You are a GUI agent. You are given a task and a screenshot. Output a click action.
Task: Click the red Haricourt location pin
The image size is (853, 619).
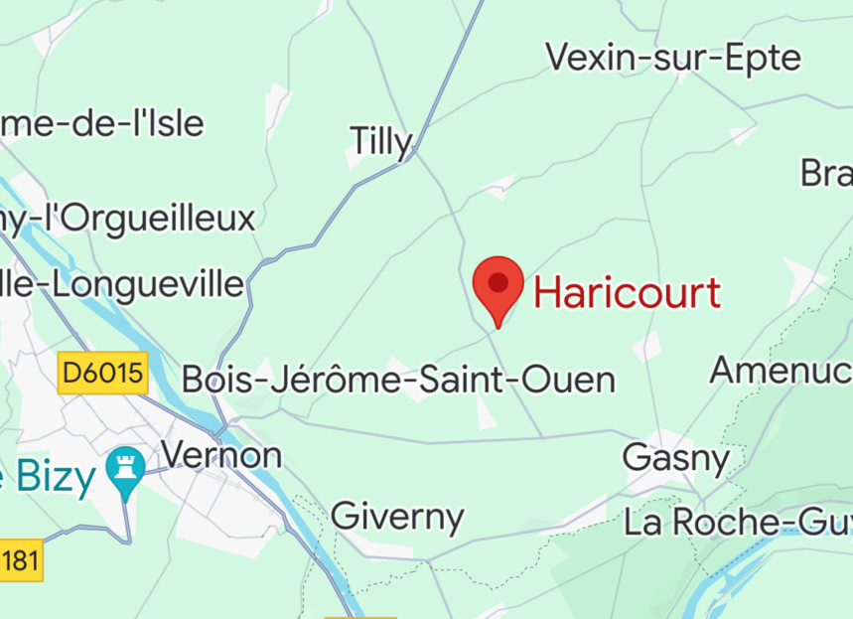[498, 283]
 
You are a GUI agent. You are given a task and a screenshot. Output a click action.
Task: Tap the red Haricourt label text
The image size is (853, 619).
[627, 293]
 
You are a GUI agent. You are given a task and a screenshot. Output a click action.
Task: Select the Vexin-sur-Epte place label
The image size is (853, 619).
[673, 57]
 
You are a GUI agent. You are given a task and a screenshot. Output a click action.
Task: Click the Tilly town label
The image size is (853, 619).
[379, 142]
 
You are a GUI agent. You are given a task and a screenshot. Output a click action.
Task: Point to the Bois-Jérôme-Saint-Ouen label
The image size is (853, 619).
[398, 380]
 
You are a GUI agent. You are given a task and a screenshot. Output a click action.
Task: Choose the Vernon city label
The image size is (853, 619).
[221, 455]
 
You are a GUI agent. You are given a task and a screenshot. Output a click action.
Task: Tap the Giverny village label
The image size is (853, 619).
[397, 517]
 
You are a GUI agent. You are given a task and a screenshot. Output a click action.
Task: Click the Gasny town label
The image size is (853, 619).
[675, 458]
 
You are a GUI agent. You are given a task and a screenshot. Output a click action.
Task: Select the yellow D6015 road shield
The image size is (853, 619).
[103, 374]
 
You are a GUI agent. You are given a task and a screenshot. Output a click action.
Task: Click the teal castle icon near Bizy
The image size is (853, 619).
[125, 469]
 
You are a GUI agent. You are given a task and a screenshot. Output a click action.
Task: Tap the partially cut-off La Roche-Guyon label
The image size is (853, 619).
[737, 522]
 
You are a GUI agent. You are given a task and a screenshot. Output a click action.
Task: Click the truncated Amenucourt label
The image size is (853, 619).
[780, 370]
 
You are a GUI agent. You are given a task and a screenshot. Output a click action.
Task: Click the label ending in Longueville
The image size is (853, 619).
[121, 284]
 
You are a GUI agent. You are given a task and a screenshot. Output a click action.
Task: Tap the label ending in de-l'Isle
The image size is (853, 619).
[102, 123]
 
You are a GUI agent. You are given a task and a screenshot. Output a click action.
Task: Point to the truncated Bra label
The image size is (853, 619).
[826, 173]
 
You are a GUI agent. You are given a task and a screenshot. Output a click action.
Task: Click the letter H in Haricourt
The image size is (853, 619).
[549, 293]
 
